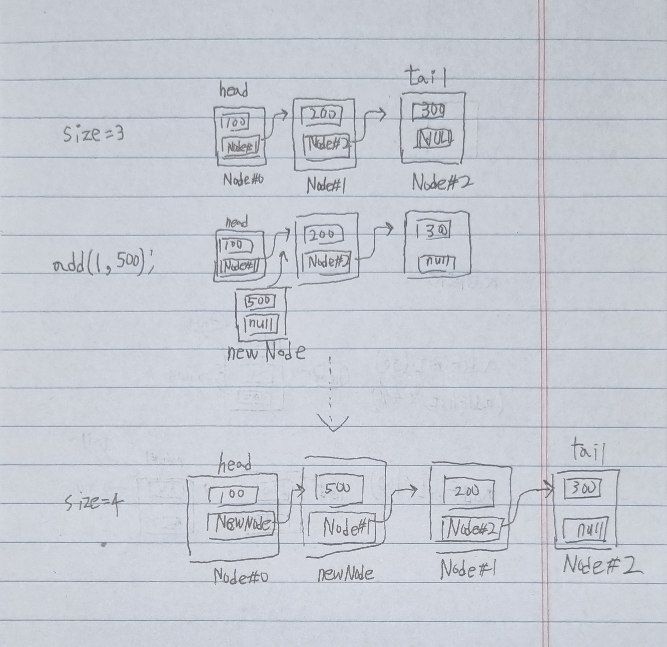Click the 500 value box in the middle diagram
[x=261, y=300]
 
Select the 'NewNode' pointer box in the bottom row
[x=241, y=525]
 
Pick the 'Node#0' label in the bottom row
[x=240, y=577]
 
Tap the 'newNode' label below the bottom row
[x=345, y=574]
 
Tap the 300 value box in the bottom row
[x=582, y=488]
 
